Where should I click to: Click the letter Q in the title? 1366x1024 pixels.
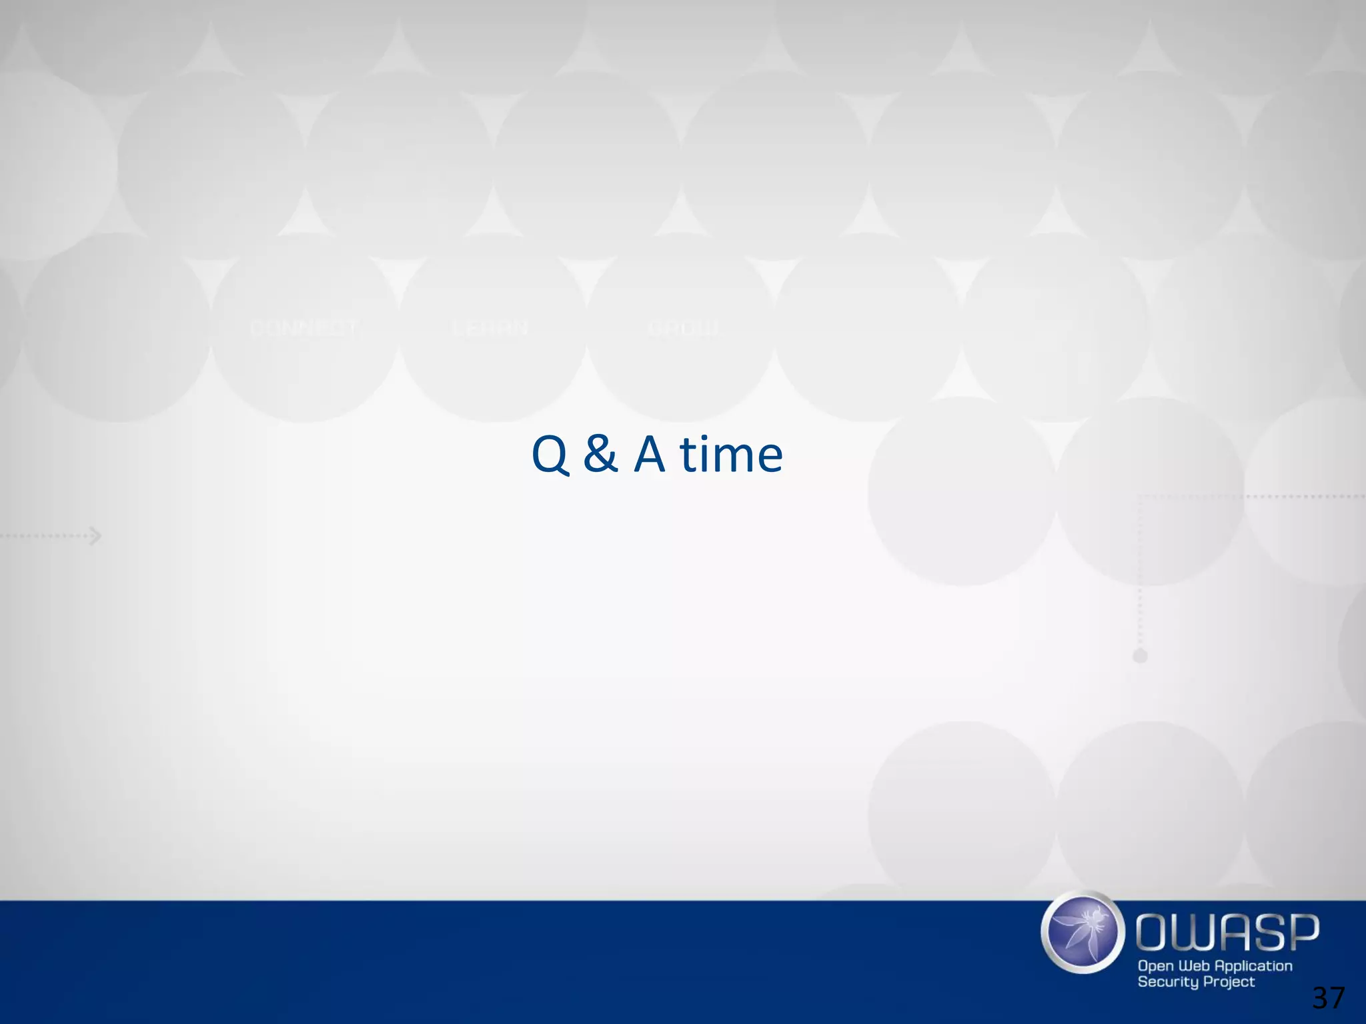pyautogui.click(x=550, y=455)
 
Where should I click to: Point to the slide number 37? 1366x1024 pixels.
pyautogui.click(x=1328, y=998)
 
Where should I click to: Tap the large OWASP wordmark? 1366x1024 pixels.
pyautogui.click(x=1227, y=931)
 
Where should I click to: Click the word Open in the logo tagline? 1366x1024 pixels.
pyautogui.click(x=1155, y=966)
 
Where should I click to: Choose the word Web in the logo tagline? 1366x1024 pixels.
pyautogui.click(x=1195, y=965)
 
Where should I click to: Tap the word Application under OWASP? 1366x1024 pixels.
pyautogui.click(x=1254, y=966)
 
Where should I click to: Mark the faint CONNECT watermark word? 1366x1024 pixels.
pyautogui.click(x=303, y=328)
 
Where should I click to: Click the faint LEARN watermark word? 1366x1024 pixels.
pyautogui.click(x=490, y=328)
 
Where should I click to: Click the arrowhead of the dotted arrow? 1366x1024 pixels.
pyautogui.click(x=97, y=535)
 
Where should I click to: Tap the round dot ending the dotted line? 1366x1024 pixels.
pyautogui.click(x=1140, y=656)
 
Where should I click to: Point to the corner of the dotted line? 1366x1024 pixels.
pyautogui.click(x=1140, y=497)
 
